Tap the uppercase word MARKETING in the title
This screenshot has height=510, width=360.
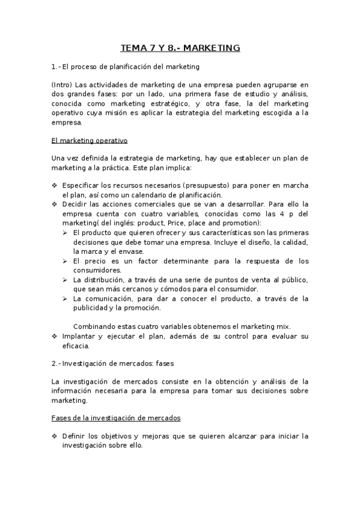point(211,48)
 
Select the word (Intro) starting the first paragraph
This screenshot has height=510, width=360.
point(62,85)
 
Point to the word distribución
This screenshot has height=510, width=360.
point(103,280)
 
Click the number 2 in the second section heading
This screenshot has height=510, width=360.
point(54,364)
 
